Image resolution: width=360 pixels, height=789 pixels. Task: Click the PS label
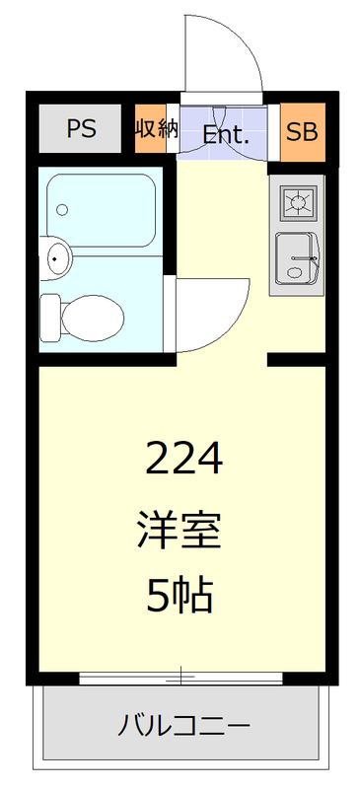[x=81, y=129]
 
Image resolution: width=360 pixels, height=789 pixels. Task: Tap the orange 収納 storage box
[x=150, y=129]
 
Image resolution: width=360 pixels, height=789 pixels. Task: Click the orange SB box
[x=302, y=129]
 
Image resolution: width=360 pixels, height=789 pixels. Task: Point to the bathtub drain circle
[x=63, y=209]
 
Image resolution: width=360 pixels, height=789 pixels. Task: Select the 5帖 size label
[x=180, y=594]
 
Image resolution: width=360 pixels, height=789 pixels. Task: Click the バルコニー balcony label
[x=183, y=729]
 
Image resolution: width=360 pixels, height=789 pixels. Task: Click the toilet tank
[x=50, y=316]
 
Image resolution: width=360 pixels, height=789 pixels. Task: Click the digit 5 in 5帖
[x=159, y=594]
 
